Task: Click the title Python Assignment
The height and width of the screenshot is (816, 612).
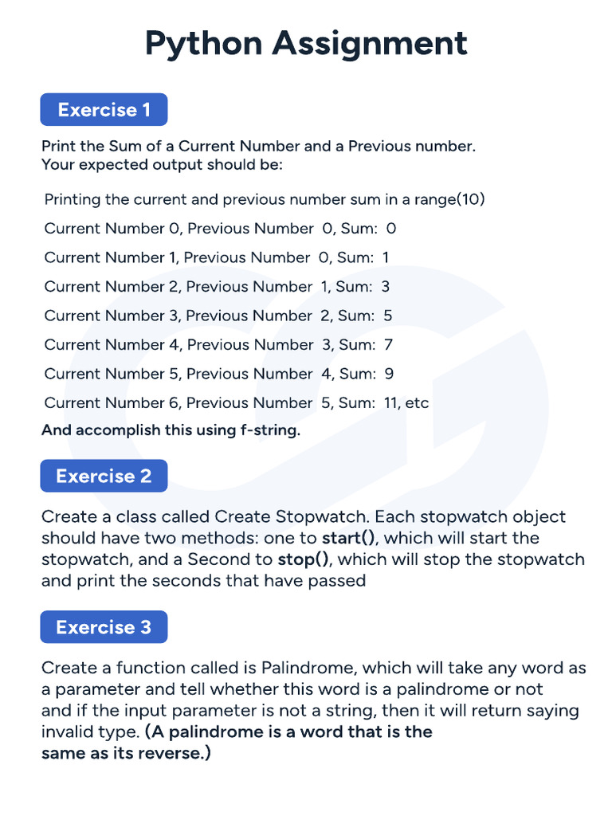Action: point(306,43)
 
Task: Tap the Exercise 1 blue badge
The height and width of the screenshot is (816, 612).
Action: point(104,110)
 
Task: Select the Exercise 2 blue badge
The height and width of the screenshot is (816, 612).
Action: point(104,476)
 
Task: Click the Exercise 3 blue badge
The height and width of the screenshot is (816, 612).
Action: point(104,627)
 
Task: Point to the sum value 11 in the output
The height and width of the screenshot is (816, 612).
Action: point(391,403)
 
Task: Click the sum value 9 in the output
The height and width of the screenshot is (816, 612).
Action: point(389,374)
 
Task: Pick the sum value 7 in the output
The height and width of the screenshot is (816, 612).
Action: point(388,345)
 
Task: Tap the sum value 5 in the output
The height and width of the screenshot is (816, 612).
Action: point(387,316)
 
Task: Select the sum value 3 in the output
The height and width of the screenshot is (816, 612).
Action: point(385,287)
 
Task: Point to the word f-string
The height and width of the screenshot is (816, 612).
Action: point(266,431)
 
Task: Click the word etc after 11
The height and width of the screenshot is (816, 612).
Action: point(417,403)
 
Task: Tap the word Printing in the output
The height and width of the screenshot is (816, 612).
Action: point(73,199)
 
